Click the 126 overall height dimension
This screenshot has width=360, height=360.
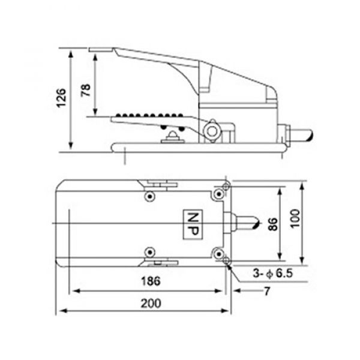click(61, 98)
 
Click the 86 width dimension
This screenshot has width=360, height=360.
click(273, 224)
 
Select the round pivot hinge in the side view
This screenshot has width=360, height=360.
click(211, 130)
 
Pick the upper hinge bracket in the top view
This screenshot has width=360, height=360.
click(158, 184)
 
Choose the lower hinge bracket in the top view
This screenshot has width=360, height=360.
click(158, 262)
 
